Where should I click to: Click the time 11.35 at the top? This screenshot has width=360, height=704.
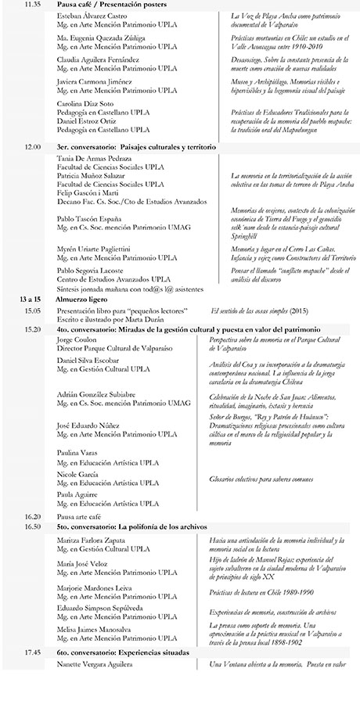point(32,5)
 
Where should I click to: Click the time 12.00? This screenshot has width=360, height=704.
point(32,146)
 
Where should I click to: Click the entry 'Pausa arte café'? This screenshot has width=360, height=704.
point(83,516)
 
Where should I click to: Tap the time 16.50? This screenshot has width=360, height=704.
point(32,526)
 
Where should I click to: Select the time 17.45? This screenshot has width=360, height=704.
point(32,651)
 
